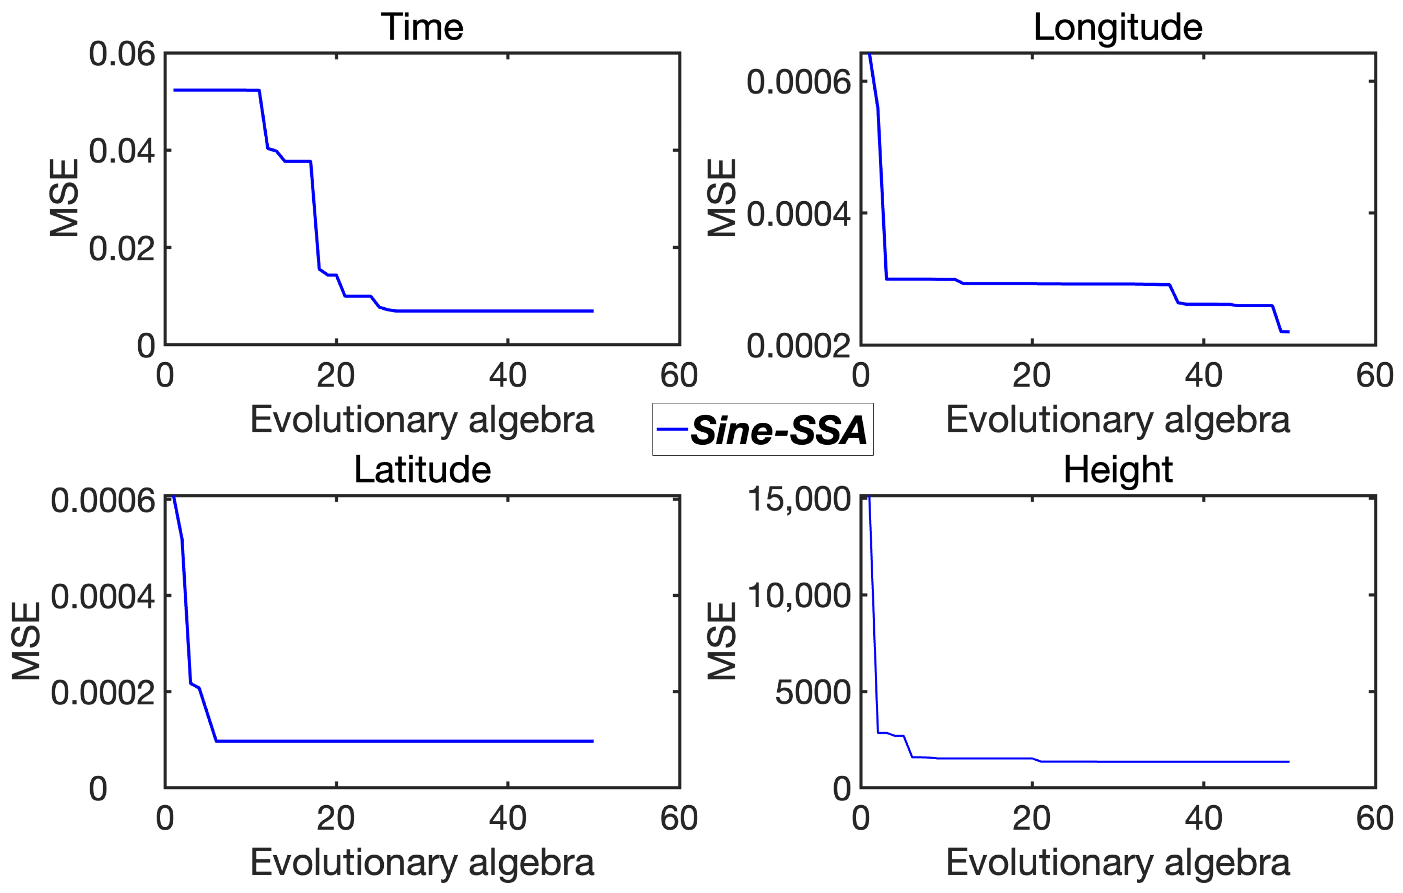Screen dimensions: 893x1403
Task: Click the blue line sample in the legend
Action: coord(672,429)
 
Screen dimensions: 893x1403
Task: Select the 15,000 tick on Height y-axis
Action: coord(799,499)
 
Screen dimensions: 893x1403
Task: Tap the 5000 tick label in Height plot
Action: coord(813,692)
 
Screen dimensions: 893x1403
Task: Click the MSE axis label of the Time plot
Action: coord(64,198)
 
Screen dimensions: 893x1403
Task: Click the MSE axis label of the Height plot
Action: coord(722,641)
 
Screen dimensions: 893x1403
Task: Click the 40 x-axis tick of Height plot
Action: coord(1204,819)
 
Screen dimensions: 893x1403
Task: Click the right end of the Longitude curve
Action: coord(1288,332)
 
